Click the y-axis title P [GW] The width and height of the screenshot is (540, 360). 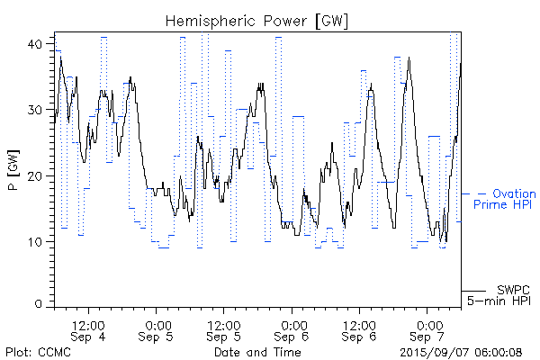click(13, 170)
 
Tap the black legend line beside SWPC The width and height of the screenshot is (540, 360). click(473, 291)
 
